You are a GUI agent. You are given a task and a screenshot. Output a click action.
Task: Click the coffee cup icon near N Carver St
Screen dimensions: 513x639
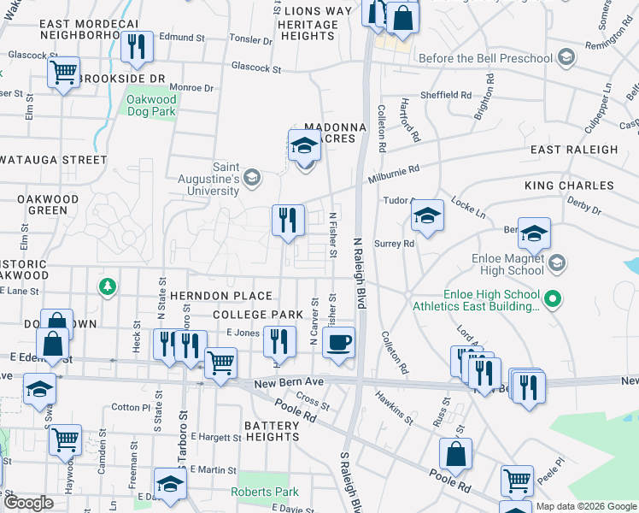pyautogui.click(x=339, y=343)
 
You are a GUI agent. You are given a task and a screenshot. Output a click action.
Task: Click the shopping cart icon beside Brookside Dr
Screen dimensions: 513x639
pyautogui.click(x=63, y=74)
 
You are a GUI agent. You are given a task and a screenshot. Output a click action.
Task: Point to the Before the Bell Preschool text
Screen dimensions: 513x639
pyautogui.click(x=485, y=58)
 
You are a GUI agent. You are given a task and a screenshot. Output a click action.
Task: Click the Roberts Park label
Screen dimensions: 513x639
pyautogui.click(x=265, y=492)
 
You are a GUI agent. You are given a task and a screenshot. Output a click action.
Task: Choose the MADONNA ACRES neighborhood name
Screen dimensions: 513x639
pyautogui.click(x=335, y=133)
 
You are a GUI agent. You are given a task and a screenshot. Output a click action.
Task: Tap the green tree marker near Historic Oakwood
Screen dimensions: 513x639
pyautogui.click(x=107, y=285)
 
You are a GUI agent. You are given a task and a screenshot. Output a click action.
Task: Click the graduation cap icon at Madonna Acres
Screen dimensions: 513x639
pyautogui.click(x=303, y=147)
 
